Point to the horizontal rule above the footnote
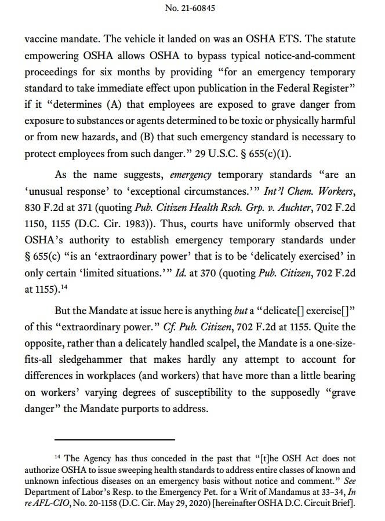click(x=111, y=439)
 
